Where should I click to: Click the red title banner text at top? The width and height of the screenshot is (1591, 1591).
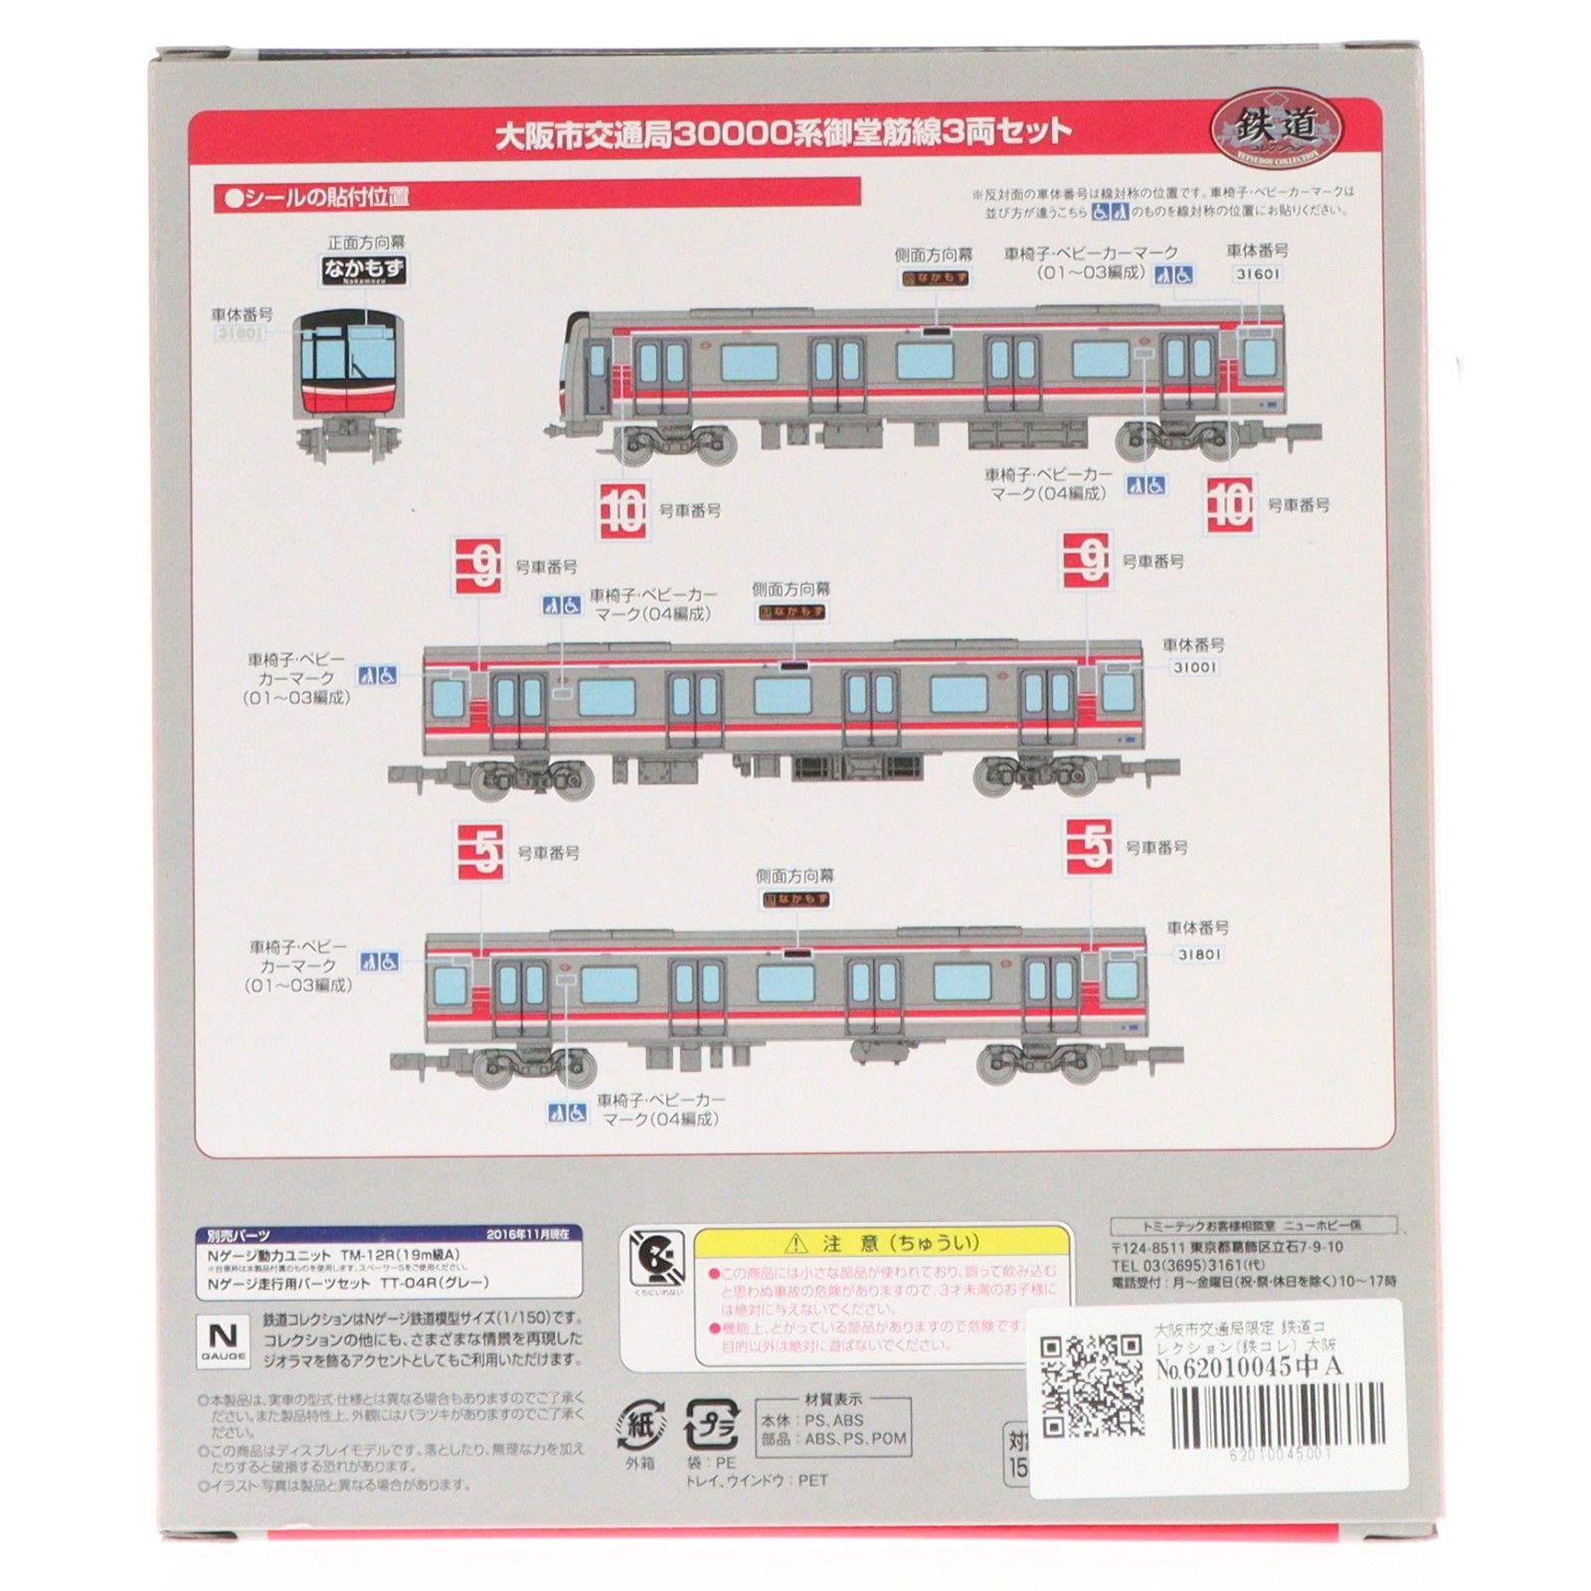pyautogui.click(x=783, y=132)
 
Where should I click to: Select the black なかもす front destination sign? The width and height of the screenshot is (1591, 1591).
pyautogui.click(x=365, y=267)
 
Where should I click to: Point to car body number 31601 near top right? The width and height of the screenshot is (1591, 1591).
pyautogui.click(x=1257, y=273)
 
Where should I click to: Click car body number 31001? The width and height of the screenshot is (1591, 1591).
pyautogui.click(x=1194, y=667)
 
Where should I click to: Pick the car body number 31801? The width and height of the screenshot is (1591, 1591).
pyautogui.click(x=1200, y=954)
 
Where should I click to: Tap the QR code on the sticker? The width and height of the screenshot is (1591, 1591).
pyautogui.click(x=1091, y=1385)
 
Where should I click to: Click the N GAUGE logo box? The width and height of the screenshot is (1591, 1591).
pyautogui.click(x=225, y=1338)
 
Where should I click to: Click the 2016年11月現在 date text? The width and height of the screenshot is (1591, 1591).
pyautogui.click(x=528, y=1234)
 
